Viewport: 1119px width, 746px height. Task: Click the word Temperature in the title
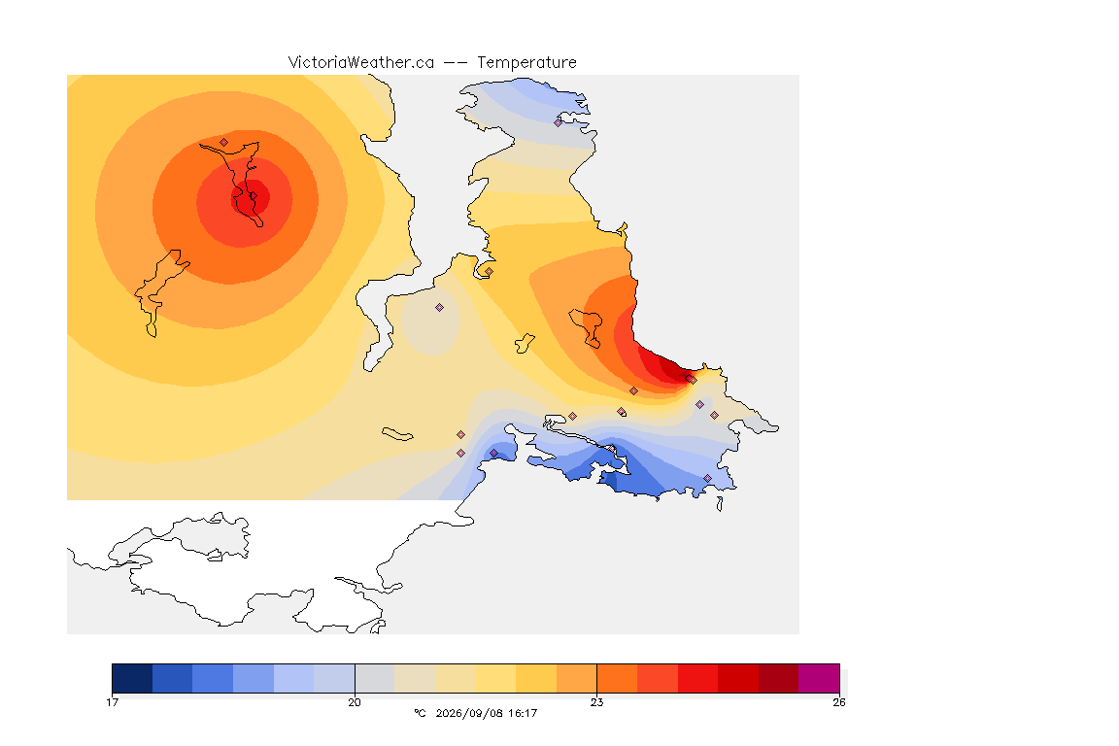point(526,63)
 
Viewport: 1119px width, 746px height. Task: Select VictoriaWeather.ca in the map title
point(361,63)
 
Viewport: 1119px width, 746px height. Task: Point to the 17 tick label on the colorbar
point(112,702)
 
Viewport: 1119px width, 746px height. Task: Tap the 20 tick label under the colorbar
point(355,702)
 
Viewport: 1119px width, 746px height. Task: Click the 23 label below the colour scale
point(596,702)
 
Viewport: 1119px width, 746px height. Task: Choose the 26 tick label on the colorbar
point(839,702)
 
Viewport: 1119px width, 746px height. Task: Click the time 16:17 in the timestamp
point(523,713)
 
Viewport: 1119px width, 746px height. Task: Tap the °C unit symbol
point(420,713)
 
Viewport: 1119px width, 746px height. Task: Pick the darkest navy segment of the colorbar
point(132,678)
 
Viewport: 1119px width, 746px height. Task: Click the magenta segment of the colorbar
point(819,678)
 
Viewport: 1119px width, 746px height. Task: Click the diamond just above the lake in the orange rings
point(224,142)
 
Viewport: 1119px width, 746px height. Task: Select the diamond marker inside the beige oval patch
point(440,308)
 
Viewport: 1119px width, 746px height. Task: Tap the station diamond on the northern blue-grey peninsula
point(559,122)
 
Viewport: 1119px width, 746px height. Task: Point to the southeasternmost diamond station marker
point(708,478)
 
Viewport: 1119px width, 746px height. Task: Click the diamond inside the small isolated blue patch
point(493,454)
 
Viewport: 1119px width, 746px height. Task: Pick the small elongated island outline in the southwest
point(397,434)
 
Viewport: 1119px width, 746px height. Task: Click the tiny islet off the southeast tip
point(720,504)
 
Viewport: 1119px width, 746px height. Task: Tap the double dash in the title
point(456,63)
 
